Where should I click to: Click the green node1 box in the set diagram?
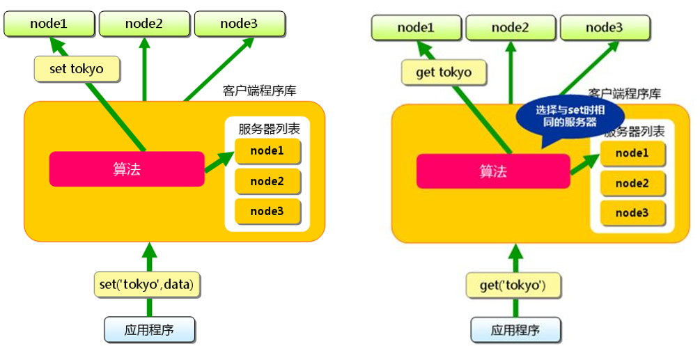(49, 24)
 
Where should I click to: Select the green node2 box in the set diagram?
(144, 24)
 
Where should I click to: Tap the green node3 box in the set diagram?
(240, 24)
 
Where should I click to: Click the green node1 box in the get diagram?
(416, 28)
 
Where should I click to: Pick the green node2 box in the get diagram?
(511, 28)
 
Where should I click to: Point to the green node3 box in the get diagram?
(605, 28)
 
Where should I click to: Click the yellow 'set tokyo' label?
(77, 69)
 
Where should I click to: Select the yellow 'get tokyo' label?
(443, 72)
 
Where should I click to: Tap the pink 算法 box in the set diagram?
(127, 169)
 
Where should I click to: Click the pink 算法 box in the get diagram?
(493, 171)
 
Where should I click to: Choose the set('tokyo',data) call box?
(146, 283)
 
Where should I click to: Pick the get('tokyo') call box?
(513, 285)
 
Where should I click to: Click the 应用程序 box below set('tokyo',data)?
(149, 329)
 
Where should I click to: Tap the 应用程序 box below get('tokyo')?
(515, 330)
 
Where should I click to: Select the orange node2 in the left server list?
(268, 181)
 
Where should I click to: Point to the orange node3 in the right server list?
(632, 212)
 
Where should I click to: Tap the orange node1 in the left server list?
(268, 151)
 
